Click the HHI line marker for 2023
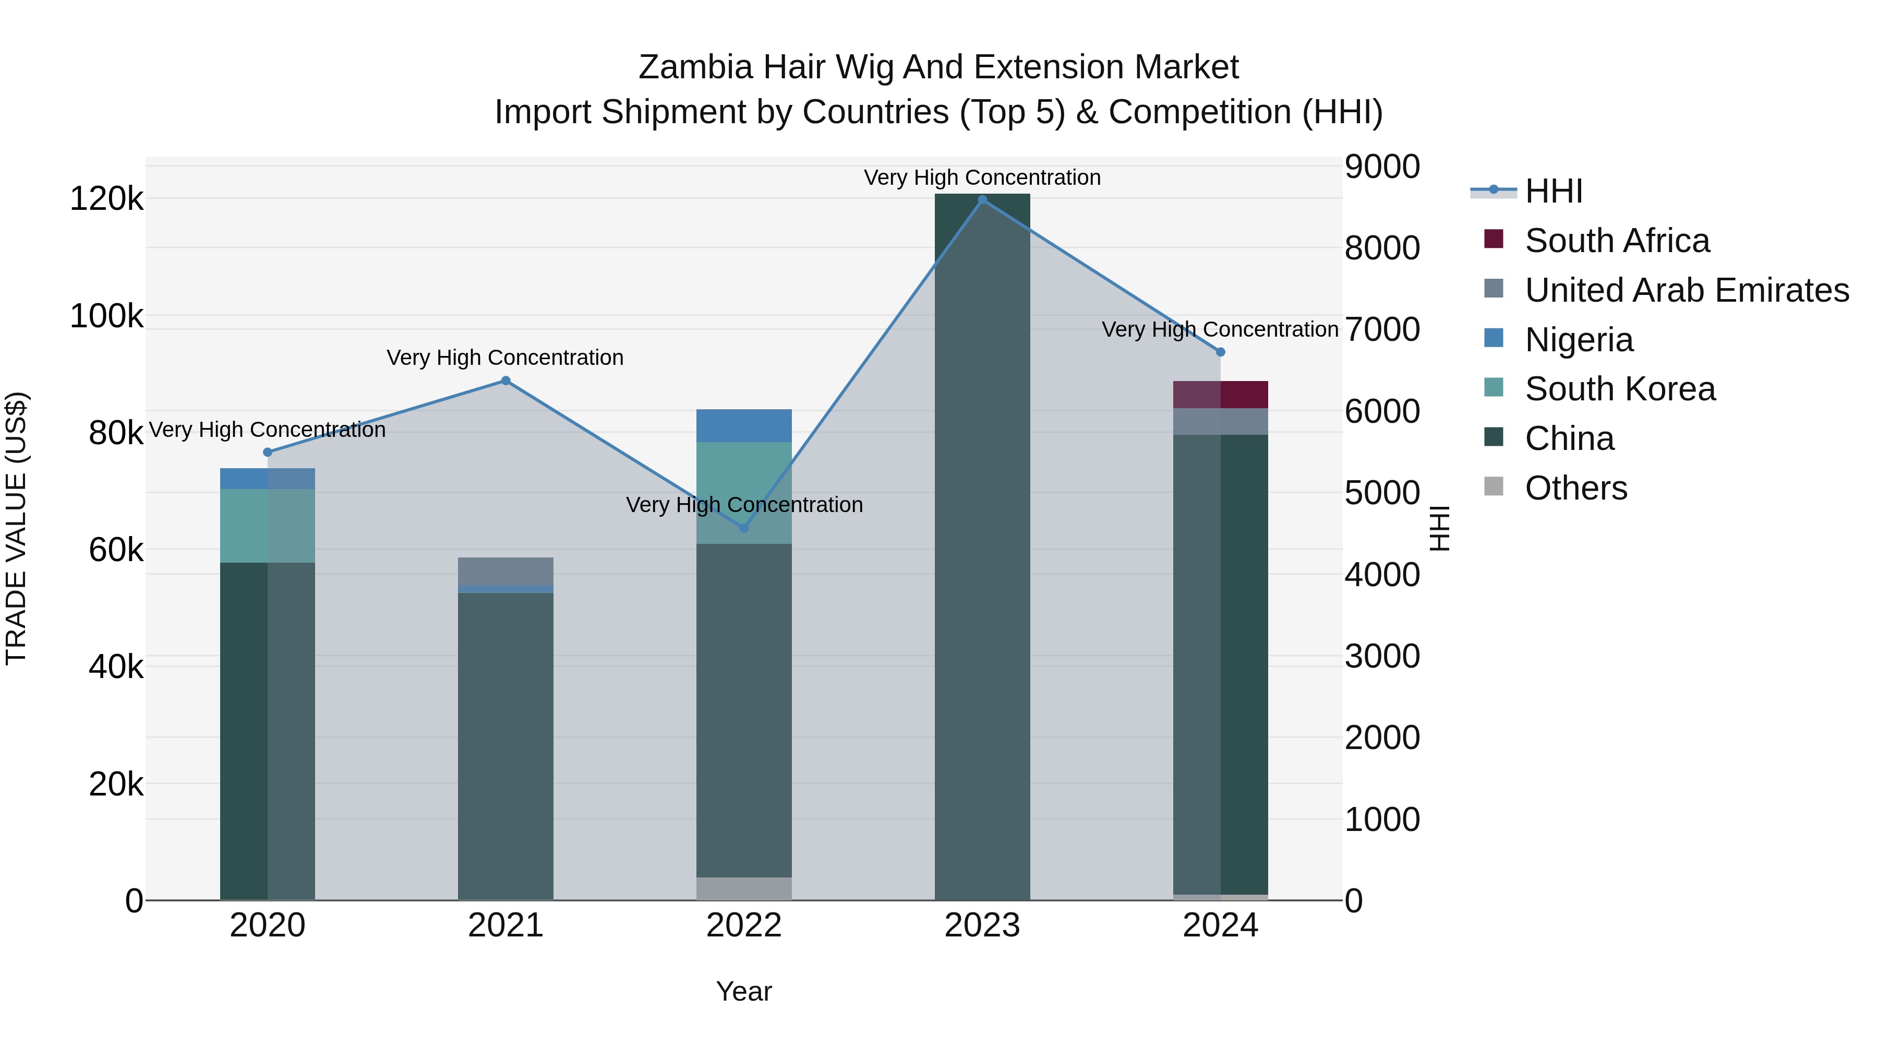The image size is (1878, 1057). click(x=982, y=200)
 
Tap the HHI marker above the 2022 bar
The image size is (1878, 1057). click(x=743, y=528)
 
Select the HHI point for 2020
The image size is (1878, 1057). click(x=268, y=452)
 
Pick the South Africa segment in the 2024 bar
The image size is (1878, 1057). click(x=1220, y=395)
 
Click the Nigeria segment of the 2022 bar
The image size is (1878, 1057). click(x=743, y=426)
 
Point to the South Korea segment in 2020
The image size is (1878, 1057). click(x=268, y=526)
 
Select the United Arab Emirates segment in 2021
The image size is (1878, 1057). click(x=505, y=571)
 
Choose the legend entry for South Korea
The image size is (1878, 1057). click(x=1620, y=389)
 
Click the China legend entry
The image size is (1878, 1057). click(x=1569, y=438)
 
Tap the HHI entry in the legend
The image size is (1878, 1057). click(x=1553, y=191)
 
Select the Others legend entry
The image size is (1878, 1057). click(x=1575, y=488)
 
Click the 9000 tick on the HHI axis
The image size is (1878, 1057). click(x=1381, y=167)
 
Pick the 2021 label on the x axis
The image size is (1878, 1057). click(x=505, y=925)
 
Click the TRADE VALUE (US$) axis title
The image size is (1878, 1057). click(x=17, y=528)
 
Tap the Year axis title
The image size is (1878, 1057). click(x=743, y=991)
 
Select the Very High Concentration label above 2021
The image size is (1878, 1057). click(x=505, y=358)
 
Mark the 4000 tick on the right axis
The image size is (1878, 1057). click(x=1381, y=575)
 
